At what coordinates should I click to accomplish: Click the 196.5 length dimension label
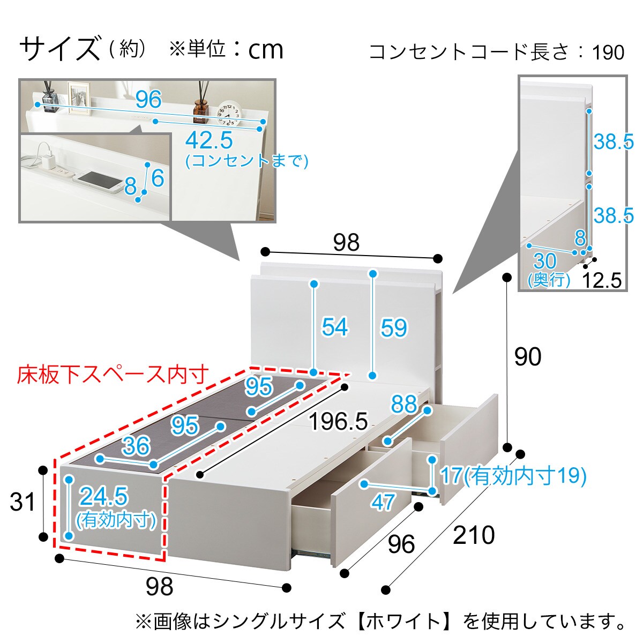pyautogui.click(x=338, y=422)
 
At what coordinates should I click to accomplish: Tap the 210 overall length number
pyautogui.click(x=474, y=535)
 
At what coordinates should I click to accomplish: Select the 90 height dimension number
pyautogui.click(x=527, y=357)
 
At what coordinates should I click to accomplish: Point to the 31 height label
pyautogui.click(x=23, y=502)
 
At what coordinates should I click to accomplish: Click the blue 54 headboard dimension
pyautogui.click(x=335, y=327)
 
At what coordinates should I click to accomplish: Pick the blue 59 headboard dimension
pyautogui.click(x=394, y=328)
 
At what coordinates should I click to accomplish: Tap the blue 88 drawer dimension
pyautogui.click(x=403, y=404)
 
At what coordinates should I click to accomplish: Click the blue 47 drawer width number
pyautogui.click(x=383, y=502)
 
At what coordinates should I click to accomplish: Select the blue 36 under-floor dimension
pyautogui.click(x=136, y=446)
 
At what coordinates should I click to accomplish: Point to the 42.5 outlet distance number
pyautogui.click(x=209, y=141)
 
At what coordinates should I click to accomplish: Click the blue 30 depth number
pyautogui.click(x=544, y=261)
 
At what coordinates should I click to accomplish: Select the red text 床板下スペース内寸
pyautogui.click(x=113, y=375)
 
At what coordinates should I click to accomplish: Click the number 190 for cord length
pyautogui.click(x=609, y=53)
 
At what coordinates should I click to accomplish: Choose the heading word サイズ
pyautogui.click(x=60, y=49)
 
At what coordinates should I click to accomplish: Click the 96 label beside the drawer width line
pyautogui.click(x=401, y=544)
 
